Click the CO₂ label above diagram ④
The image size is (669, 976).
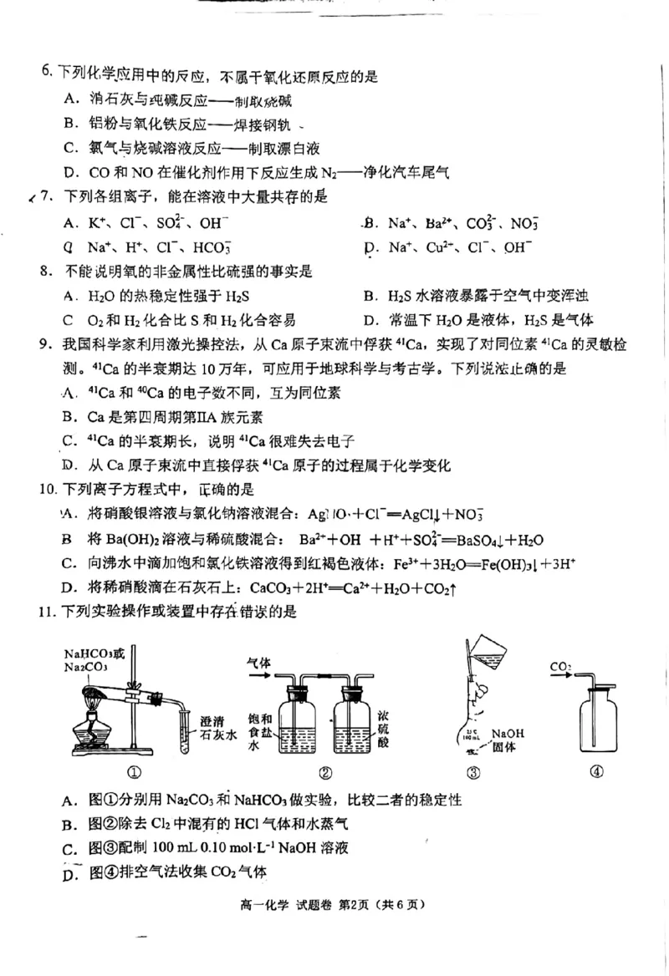click(x=562, y=666)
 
